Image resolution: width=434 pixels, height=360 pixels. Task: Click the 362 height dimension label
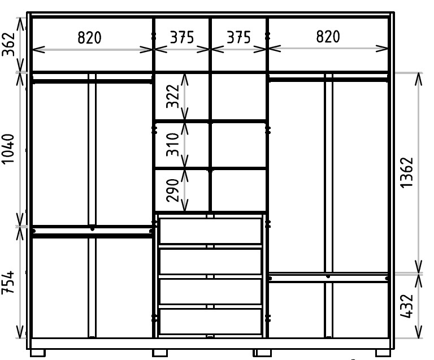(x=8, y=44)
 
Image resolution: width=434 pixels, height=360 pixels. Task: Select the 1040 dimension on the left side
(x=8, y=149)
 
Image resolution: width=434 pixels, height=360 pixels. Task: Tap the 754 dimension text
(x=8, y=282)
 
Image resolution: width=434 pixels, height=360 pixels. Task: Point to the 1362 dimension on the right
(x=407, y=173)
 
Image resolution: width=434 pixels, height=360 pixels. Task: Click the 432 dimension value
(x=407, y=306)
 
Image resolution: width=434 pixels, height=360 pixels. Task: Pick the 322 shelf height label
(x=173, y=96)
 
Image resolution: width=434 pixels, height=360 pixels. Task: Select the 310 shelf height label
(x=173, y=145)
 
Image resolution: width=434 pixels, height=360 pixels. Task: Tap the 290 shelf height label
(x=173, y=190)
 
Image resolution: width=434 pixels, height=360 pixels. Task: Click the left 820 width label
(x=89, y=37)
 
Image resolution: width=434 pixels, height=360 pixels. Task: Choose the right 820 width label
(x=328, y=37)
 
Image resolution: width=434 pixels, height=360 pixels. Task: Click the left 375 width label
(x=182, y=37)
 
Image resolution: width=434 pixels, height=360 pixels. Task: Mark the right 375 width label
(x=238, y=37)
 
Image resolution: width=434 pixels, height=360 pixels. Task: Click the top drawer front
(x=211, y=231)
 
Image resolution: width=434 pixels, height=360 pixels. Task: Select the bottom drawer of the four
(x=211, y=322)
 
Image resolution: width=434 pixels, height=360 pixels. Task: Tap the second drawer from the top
(x=211, y=261)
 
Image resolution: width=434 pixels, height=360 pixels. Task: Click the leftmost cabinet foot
(x=38, y=353)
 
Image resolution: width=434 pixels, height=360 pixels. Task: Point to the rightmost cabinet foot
(x=383, y=353)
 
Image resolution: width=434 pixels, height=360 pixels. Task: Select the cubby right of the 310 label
(x=238, y=145)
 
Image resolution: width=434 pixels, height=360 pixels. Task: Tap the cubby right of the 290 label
(x=238, y=190)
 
